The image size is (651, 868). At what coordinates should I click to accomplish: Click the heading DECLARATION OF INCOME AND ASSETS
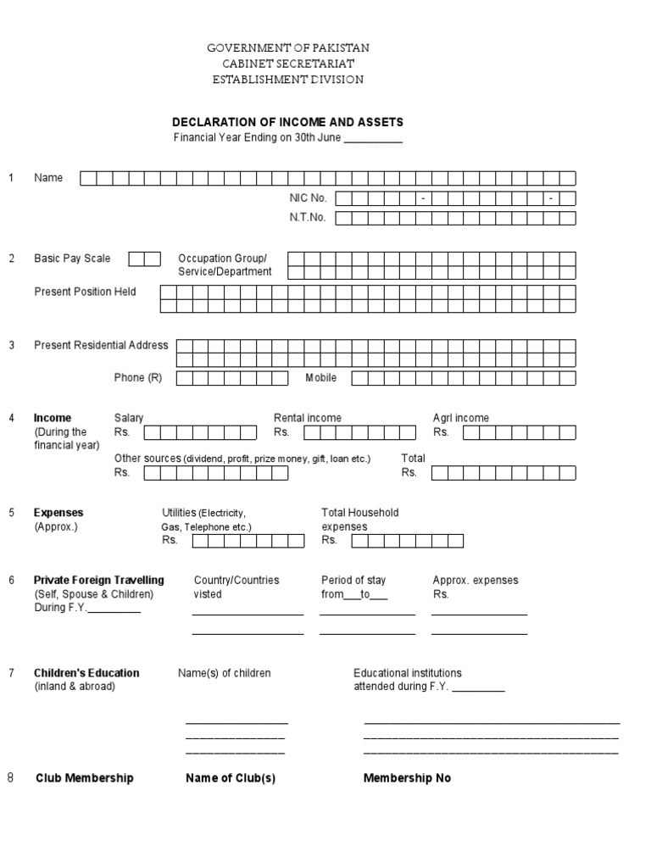[288, 123]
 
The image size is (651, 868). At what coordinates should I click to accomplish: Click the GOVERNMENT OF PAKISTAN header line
[288, 48]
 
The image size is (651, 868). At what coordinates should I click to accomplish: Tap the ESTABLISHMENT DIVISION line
[288, 79]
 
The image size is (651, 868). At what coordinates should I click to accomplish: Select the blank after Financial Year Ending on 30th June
[373, 139]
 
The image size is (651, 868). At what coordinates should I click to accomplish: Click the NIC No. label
[308, 198]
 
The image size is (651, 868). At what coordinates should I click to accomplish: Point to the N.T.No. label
[308, 218]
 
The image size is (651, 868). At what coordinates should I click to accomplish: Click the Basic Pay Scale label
[72, 259]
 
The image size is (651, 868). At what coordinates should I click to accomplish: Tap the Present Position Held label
[85, 292]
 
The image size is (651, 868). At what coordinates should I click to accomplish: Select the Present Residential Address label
[101, 345]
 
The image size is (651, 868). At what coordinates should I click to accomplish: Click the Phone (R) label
[138, 378]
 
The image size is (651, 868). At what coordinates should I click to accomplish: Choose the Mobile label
[321, 378]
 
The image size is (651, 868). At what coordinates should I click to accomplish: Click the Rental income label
[307, 418]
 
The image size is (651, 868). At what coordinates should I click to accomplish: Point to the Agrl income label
[460, 418]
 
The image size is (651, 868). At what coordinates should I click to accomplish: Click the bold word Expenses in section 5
[58, 513]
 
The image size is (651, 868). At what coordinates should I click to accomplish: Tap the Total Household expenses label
[359, 520]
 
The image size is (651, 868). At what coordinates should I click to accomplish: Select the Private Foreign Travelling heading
[99, 580]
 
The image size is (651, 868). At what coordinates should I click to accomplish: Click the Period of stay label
[353, 580]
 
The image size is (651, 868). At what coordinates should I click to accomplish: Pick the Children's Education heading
[86, 673]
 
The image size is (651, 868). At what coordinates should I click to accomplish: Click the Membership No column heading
[407, 778]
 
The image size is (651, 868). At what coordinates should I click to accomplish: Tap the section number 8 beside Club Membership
[11, 777]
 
